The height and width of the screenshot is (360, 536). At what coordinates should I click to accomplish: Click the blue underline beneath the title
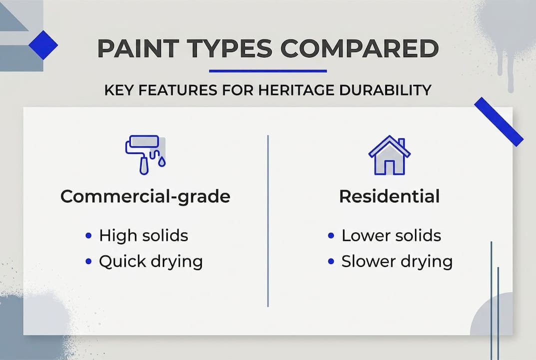(268, 71)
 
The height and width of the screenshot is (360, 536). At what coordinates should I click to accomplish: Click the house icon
(389, 156)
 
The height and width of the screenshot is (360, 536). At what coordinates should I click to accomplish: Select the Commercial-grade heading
(145, 196)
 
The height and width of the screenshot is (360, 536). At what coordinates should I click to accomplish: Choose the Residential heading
(389, 196)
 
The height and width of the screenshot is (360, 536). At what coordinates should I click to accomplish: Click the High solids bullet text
(143, 235)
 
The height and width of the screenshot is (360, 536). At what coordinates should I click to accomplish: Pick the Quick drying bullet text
(150, 261)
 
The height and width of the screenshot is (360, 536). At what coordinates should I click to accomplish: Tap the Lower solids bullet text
(391, 235)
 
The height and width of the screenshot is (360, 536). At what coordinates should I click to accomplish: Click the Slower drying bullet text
(397, 261)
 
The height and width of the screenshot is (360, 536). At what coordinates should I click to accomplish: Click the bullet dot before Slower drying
(331, 261)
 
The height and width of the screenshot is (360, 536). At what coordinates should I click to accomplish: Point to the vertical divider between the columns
(268, 220)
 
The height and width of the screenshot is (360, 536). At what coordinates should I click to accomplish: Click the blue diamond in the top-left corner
(43, 45)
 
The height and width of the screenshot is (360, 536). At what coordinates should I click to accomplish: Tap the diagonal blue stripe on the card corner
(498, 121)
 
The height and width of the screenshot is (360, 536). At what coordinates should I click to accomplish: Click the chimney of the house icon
(401, 143)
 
